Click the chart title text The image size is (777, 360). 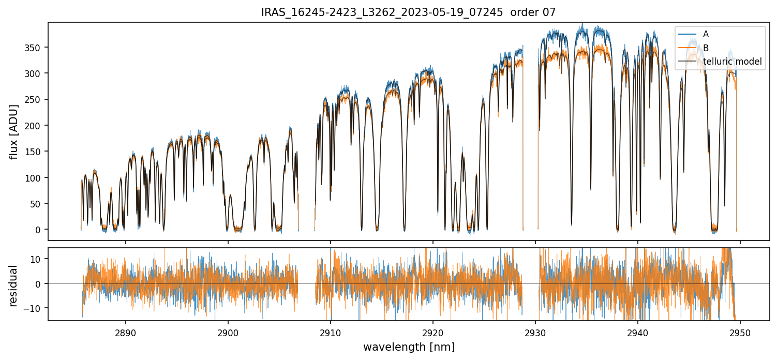point(408,12)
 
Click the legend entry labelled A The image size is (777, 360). point(706,34)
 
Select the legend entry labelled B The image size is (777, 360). point(706,48)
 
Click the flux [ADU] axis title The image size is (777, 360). point(14,131)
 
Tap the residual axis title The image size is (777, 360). point(14,286)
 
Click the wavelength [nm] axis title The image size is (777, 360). point(409,347)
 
